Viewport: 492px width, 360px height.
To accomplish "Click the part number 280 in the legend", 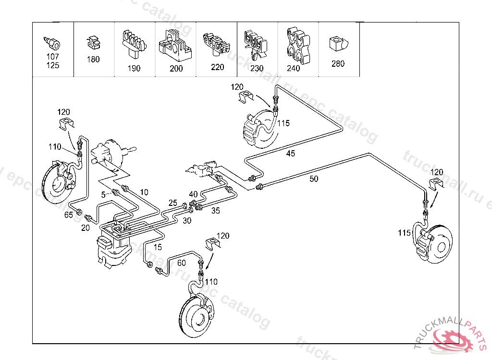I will click(338, 63).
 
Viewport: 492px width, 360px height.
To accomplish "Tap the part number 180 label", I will click(93, 60).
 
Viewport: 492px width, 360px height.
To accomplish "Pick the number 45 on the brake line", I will click(291, 154).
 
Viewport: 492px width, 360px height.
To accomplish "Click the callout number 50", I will click(314, 179).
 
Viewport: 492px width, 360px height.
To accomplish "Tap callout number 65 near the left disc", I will click(69, 215).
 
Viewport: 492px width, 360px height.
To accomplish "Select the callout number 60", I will click(182, 263).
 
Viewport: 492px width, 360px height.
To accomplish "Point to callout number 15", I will click(158, 247).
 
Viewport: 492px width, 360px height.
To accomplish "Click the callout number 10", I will click(144, 192).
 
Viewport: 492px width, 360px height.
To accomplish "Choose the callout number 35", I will click(216, 210).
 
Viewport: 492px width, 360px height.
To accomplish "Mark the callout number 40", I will click(193, 194).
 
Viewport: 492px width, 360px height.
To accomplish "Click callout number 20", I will click(86, 228).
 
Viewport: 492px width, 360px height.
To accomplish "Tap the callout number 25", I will click(173, 203).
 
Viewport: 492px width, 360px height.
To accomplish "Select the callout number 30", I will click(187, 220).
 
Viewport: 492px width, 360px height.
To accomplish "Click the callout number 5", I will click(103, 194).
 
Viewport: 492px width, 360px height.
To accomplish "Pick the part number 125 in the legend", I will click(53, 65).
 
